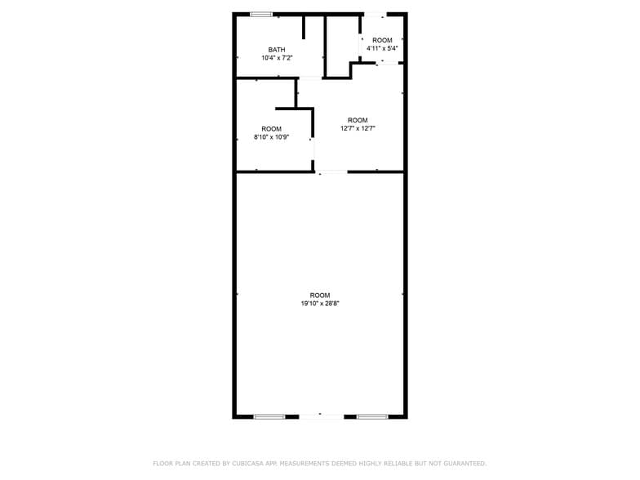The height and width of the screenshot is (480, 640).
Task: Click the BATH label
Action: (x=277, y=50)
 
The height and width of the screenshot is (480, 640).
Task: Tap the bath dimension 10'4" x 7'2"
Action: (x=277, y=58)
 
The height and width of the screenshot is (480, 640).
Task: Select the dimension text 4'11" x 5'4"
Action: (x=382, y=48)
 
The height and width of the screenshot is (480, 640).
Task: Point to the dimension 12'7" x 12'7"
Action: (x=358, y=128)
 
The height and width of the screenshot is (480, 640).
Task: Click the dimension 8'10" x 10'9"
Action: (x=271, y=137)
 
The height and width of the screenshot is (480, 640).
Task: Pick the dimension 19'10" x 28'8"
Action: (x=320, y=304)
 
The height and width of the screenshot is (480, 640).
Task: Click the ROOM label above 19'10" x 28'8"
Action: (x=320, y=295)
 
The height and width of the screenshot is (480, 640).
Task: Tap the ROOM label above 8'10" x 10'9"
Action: (x=271, y=129)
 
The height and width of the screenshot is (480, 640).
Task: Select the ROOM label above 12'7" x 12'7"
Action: (x=358, y=120)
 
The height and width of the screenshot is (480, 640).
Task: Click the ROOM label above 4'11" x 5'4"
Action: (x=382, y=40)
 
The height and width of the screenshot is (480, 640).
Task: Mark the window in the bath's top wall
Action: (x=261, y=14)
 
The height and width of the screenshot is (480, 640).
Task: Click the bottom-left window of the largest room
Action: (x=269, y=417)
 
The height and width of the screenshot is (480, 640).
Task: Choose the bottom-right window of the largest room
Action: (x=371, y=417)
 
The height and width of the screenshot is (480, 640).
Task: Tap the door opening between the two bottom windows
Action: (x=320, y=417)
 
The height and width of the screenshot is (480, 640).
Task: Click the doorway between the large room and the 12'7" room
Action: (x=331, y=171)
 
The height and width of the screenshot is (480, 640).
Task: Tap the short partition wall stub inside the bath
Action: (x=304, y=26)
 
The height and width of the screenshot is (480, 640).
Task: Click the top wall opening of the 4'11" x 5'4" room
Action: (x=375, y=14)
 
